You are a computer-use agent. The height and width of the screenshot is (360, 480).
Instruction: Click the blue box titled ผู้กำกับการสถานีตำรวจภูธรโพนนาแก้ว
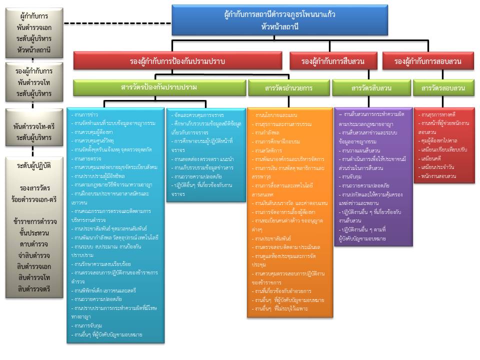coord(279,20)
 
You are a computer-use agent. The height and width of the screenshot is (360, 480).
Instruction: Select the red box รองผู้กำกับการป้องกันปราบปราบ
coord(177,61)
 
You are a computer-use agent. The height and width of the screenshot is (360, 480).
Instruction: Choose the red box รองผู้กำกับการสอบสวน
coord(427,61)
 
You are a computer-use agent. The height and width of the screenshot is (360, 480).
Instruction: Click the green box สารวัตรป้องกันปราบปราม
coord(158,87)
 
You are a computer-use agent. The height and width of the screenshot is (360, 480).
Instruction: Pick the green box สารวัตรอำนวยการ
coord(288,88)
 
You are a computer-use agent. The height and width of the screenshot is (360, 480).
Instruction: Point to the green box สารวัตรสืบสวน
coord(371,88)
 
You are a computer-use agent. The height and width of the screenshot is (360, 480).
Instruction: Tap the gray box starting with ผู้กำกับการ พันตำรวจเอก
coord(33,32)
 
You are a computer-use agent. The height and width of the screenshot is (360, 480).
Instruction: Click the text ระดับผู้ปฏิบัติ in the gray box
coord(33,165)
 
